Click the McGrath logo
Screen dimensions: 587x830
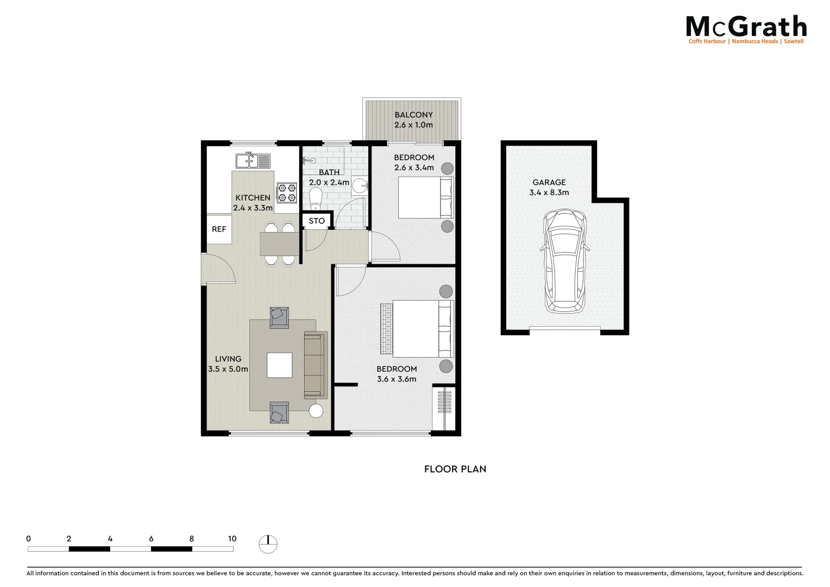tap(746, 29)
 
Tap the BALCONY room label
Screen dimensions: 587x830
tap(413, 115)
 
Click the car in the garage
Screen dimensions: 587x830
tap(565, 262)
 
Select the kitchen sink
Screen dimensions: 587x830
tap(253, 161)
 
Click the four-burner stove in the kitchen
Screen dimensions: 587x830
tap(286, 192)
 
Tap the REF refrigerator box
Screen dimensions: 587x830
tap(219, 229)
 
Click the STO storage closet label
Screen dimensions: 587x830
tap(317, 221)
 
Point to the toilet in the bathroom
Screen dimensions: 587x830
tap(315, 201)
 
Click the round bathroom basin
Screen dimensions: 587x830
tap(359, 186)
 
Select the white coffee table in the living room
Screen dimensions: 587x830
tap(279, 365)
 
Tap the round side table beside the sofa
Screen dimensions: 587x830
tap(316, 411)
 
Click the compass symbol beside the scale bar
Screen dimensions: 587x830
tap(268, 544)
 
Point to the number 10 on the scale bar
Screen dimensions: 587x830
tap(232, 539)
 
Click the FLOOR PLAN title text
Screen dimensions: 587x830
tap(455, 469)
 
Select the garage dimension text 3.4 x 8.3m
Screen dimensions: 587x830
tap(549, 192)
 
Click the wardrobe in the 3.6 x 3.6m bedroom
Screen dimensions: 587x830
tap(444, 408)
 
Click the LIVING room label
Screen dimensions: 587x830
tap(228, 359)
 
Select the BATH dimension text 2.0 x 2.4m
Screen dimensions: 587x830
tap(329, 183)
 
